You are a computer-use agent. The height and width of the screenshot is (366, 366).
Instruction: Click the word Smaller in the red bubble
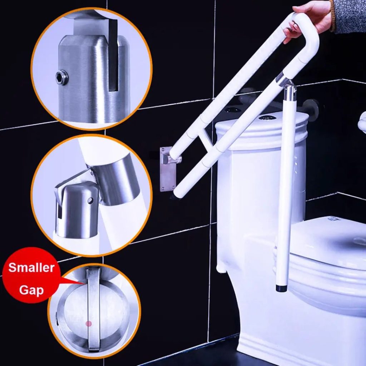coord(31,268)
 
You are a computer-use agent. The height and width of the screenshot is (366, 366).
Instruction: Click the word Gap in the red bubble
coord(31,290)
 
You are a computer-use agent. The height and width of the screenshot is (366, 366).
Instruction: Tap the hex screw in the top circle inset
coord(62,77)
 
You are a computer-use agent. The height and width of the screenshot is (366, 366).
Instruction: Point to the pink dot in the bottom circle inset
coord(89,323)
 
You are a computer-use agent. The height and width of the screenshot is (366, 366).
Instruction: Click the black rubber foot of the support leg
coord(282,288)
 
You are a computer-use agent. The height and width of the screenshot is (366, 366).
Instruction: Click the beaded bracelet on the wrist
coord(332,16)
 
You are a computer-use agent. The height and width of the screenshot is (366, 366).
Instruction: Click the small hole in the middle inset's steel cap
coord(90,201)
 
